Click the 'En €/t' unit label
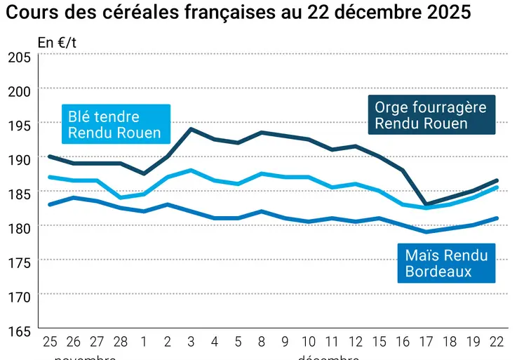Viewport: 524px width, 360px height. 57,42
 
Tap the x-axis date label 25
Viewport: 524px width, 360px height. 50,342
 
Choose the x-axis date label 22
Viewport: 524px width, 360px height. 497,342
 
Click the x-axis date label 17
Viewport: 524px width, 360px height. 426,342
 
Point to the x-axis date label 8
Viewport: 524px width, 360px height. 262,342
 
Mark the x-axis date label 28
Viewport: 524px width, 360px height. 120,342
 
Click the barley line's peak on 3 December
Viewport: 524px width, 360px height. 191,129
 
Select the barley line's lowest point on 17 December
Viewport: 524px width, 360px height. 426,204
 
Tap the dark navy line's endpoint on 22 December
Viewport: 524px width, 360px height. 497,180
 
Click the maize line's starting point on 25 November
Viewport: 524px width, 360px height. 50,204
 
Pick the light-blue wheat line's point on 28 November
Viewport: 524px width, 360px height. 120,197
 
